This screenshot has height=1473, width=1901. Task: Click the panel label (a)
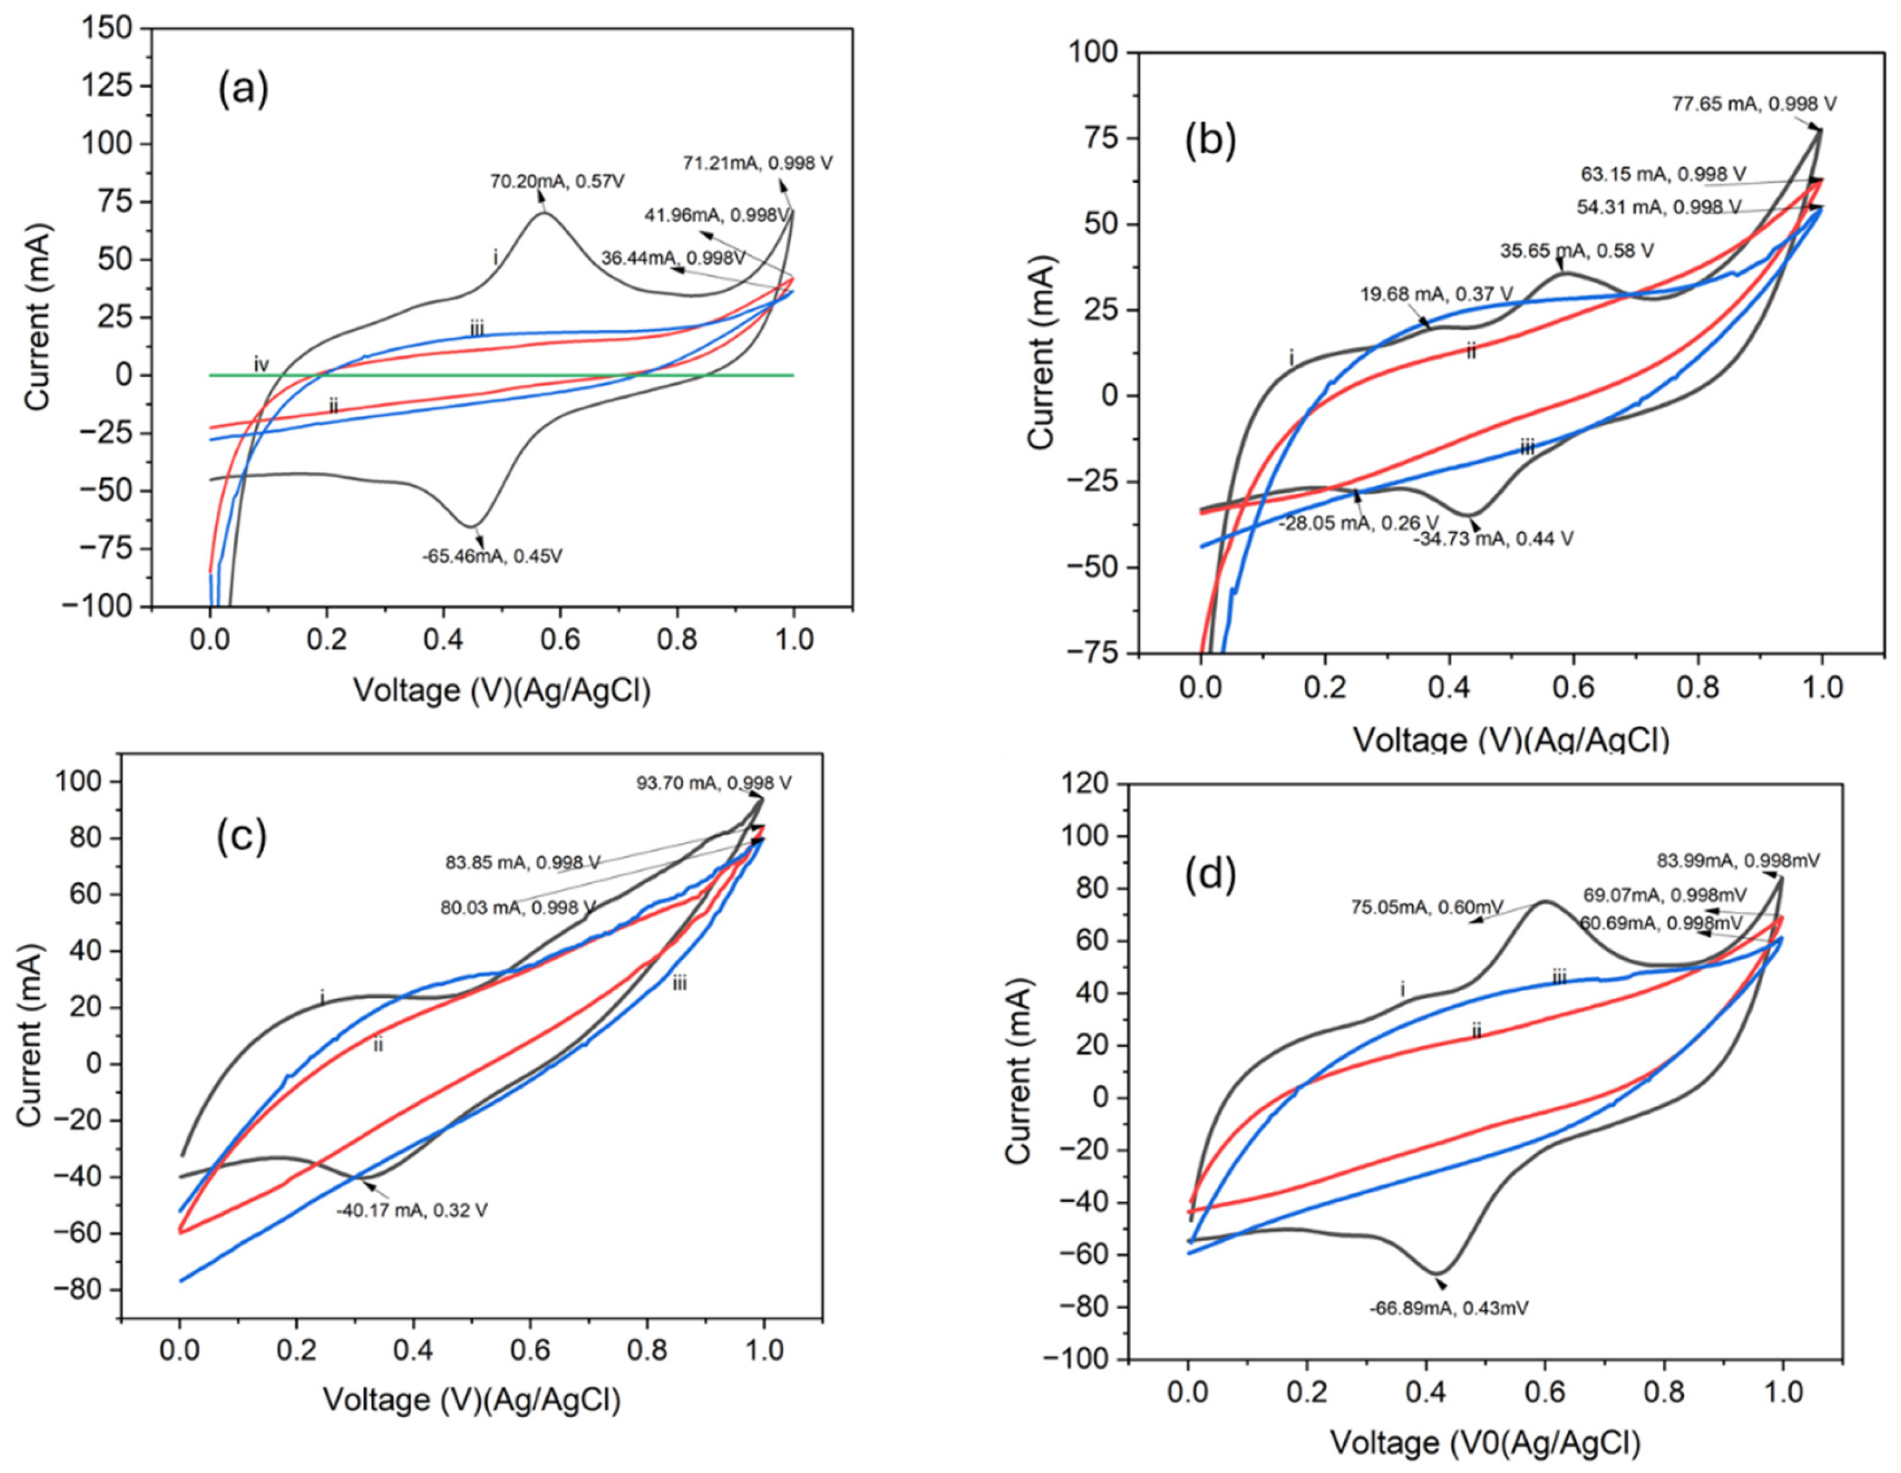pos(243,89)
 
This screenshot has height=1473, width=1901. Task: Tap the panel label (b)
pos(1210,143)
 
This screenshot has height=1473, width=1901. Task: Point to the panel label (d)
pos(1210,875)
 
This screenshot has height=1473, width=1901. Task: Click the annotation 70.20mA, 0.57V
pos(557,182)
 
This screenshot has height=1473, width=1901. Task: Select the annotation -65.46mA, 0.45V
pos(493,556)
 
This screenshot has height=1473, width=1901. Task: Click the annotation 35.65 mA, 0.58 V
pos(1577,251)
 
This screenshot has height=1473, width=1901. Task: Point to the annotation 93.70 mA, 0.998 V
pos(714,783)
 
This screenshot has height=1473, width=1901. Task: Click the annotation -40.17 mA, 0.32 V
pos(412,1210)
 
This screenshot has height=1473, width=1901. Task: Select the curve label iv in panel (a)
pos(261,365)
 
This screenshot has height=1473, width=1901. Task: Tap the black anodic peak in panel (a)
pos(544,213)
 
